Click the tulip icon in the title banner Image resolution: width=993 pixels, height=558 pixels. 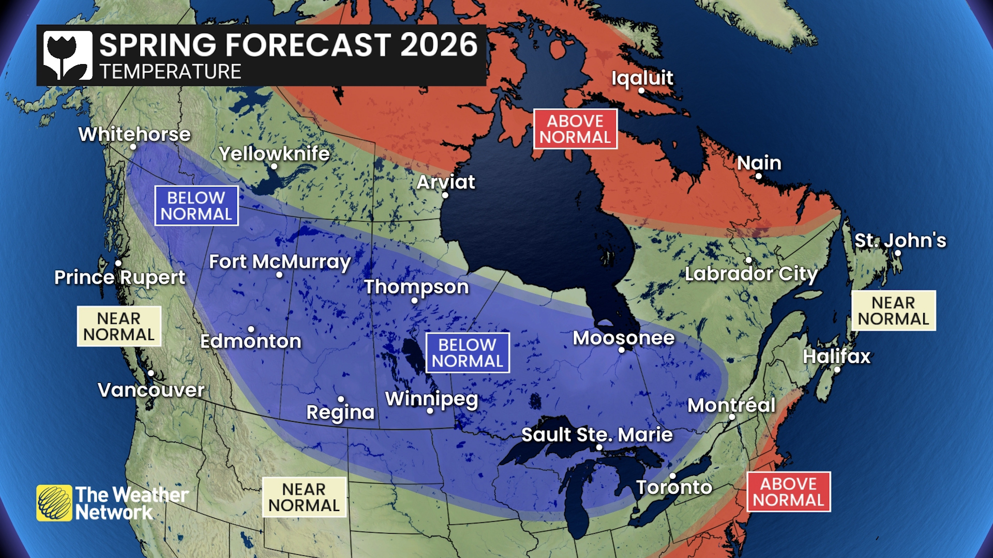pyautogui.click(x=67, y=55)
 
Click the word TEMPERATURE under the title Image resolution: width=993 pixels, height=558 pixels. pyautogui.click(x=170, y=71)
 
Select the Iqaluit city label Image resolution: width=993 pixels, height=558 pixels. pyautogui.click(x=642, y=78)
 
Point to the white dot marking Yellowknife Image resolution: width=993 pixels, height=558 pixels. pyautogui.click(x=274, y=166)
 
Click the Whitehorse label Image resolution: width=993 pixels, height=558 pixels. pyautogui.click(x=134, y=134)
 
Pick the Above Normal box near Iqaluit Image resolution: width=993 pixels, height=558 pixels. pyautogui.click(x=575, y=129)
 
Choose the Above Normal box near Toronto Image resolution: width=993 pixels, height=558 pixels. pyautogui.click(x=788, y=491)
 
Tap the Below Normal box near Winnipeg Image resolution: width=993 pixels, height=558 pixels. pyautogui.click(x=467, y=352)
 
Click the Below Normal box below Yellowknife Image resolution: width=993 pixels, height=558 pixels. pyautogui.click(x=196, y=206)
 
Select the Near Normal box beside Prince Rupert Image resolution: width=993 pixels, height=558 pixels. pyautogui.click(x=119, y=326)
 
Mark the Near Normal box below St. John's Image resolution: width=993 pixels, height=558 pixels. pyautogui.click(x=893, y=311)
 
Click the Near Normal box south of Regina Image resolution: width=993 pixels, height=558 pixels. pyautogui.click(x=304, y=497)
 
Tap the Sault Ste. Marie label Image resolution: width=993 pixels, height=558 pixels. pyautogui.click(x=597, y=435)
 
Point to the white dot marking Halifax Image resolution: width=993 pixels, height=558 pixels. pyautogui.click(x=837, y=369)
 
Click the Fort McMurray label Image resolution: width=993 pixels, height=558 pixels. pyautogui.click(x=280, y=261)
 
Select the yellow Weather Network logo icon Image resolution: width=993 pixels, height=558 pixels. pyautogui.click(x=54, y=503)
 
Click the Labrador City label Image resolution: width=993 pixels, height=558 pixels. pyautogui.click(x=750, y=273)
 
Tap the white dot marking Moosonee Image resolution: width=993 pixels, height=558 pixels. pyautogui.click(x=622, y=350)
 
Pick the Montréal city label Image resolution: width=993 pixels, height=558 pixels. pyautogui.click(x=731, y=405)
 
